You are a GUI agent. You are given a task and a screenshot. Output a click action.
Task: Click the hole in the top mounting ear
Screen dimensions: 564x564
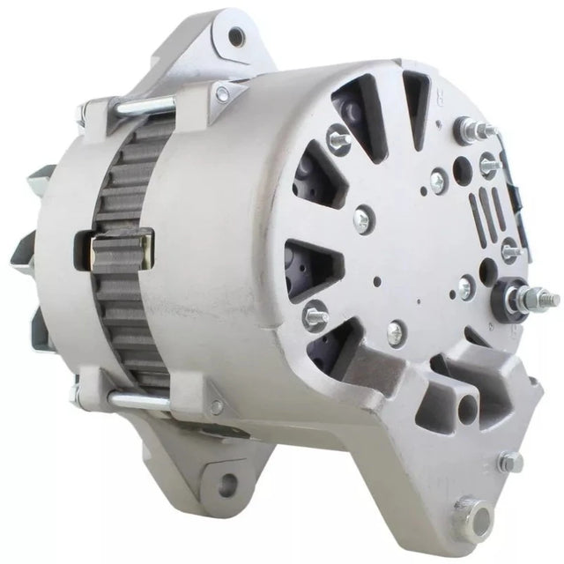click(x=236, y=36)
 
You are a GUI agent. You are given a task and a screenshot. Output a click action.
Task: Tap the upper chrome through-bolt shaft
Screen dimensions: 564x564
click(x=145, y=107)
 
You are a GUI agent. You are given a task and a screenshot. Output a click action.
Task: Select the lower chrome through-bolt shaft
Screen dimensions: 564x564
click(x=141, y=401)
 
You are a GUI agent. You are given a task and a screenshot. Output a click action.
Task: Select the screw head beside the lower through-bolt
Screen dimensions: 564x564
click(x=215, y=406)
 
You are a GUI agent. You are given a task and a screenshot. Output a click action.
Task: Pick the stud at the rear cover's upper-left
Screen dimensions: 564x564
click(x=338, y=137)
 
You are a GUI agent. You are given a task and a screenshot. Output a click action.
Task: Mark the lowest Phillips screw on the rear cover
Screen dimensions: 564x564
click(x=396, y=332)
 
